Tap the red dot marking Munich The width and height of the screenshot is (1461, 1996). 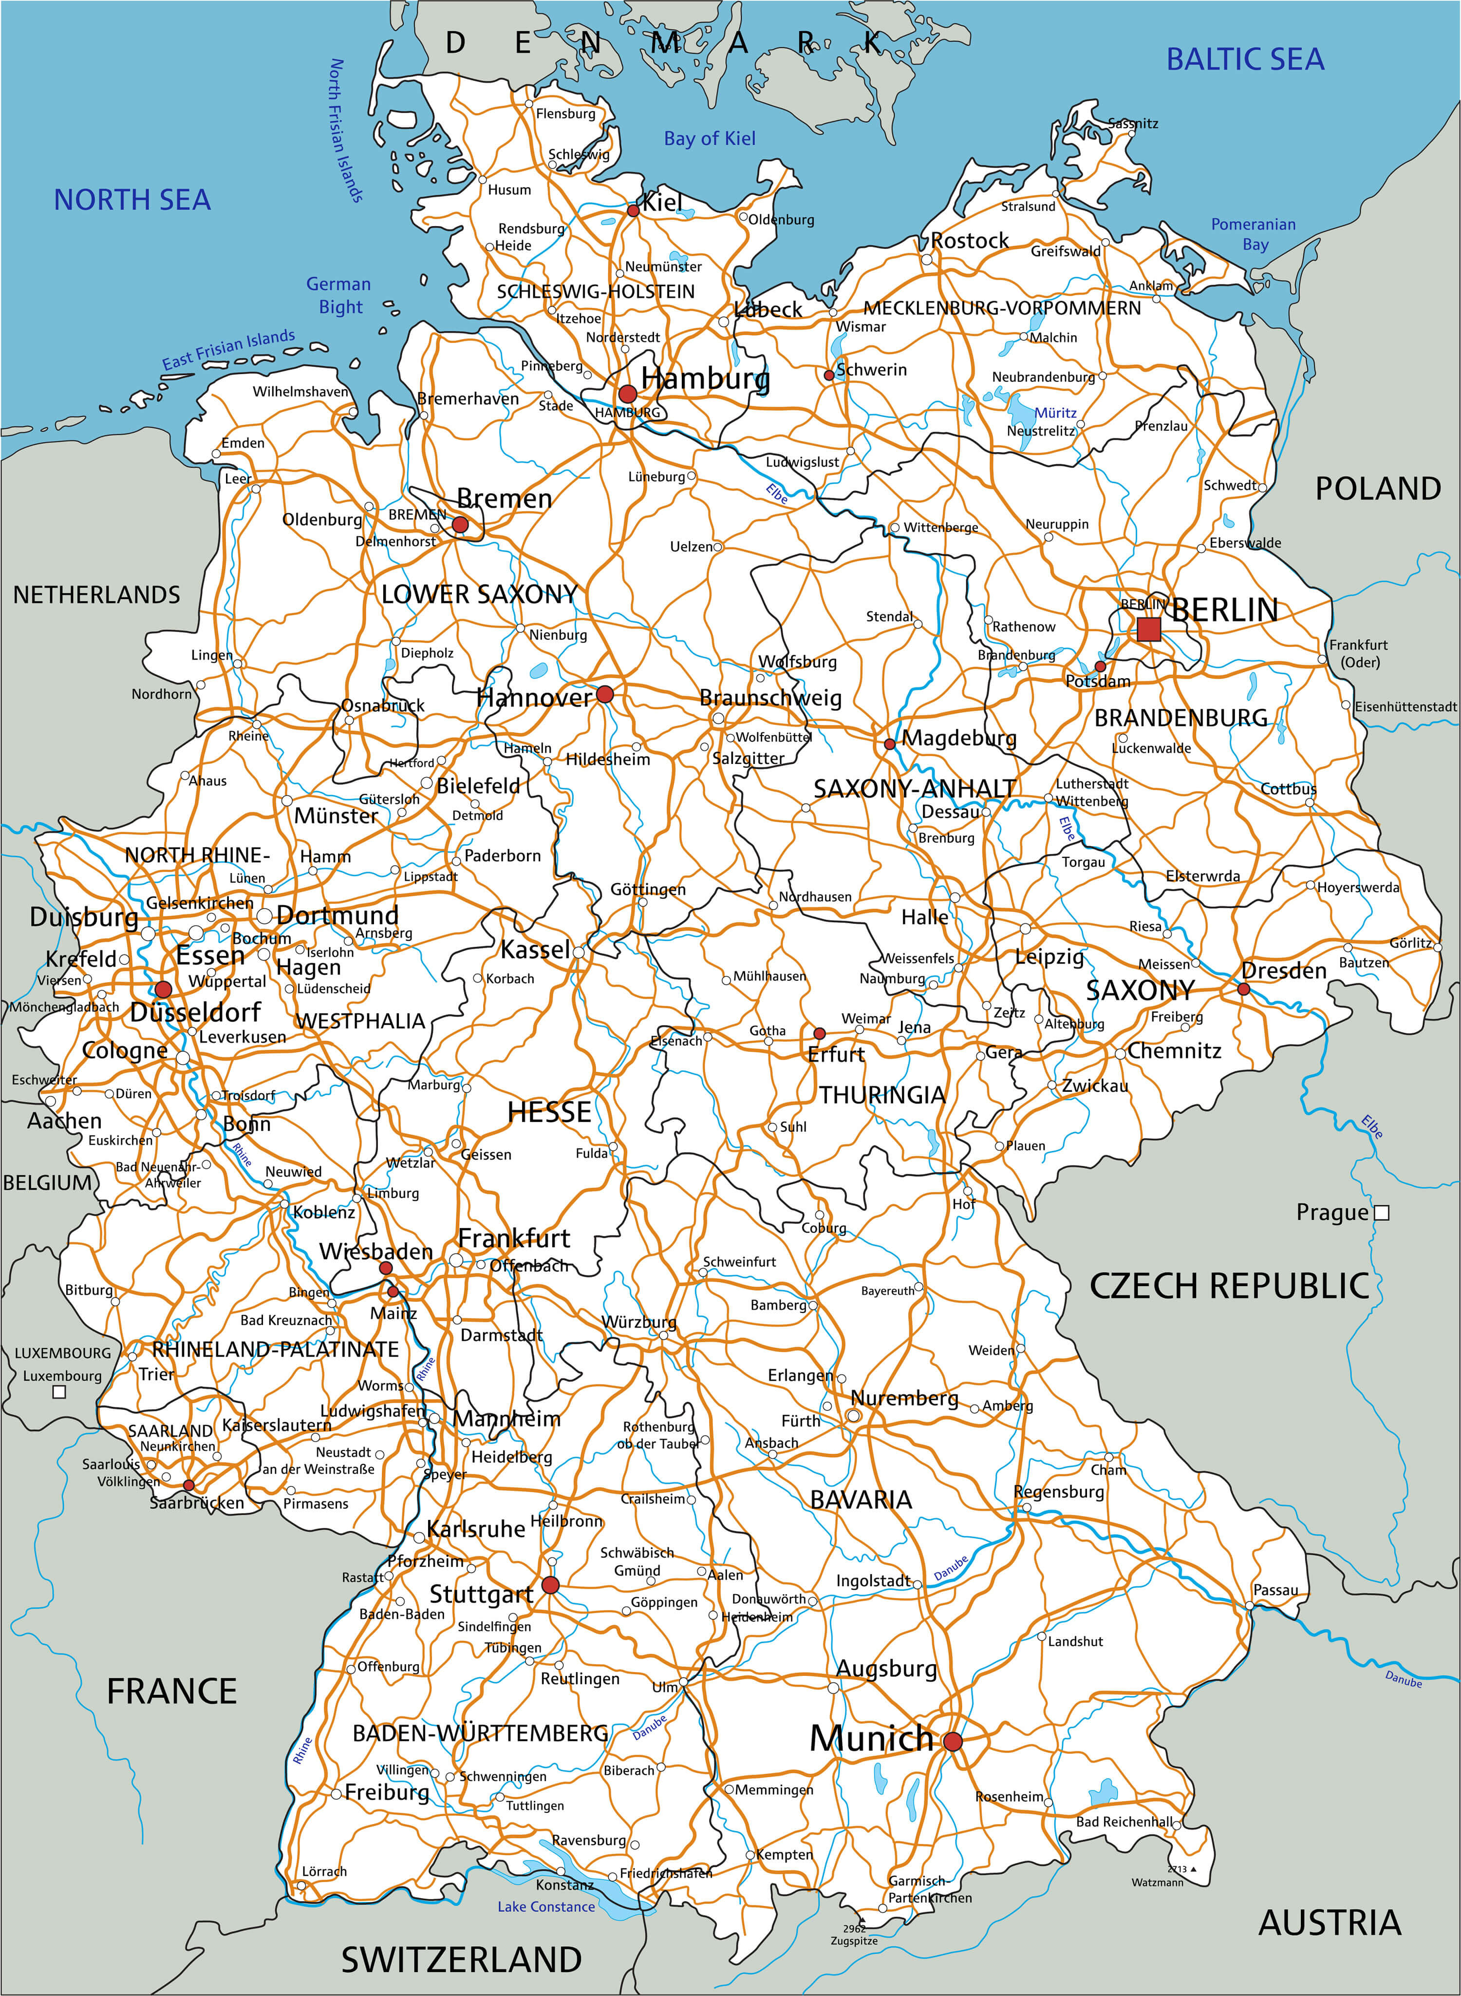click(953, 1741)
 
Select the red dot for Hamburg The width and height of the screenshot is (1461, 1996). click(627, 394)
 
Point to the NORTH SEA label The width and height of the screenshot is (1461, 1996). click(132, 200)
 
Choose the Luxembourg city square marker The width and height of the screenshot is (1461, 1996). click(59, 1392)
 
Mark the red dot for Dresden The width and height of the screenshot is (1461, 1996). click(1243, 989)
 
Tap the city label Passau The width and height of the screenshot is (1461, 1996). click(1275, 1590)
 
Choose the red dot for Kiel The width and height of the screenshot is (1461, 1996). click(633, 210)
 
